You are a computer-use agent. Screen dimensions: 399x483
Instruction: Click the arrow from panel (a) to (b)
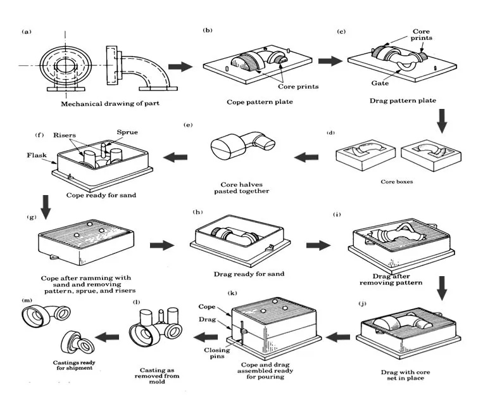(x=180, y=66)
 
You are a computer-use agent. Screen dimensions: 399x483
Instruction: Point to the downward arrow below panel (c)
(x=442, y=120)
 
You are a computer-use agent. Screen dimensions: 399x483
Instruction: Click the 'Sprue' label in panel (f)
(x=127, y=132)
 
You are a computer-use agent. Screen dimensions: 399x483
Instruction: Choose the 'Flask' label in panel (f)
(x=35, y=155)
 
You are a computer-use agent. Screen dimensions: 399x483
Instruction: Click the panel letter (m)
(x=27, y=300)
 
